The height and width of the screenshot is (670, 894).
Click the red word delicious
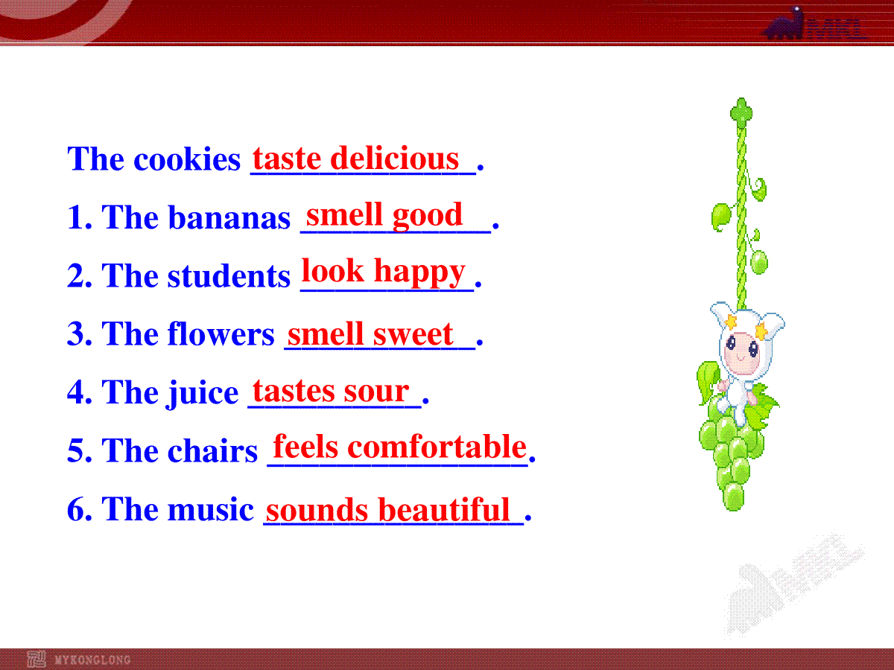(394, 158)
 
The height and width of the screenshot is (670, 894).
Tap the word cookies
(187, 159)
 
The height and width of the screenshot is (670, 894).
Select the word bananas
(229, 218)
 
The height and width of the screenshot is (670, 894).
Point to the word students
(229, 275)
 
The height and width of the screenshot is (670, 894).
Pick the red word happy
(419, 272)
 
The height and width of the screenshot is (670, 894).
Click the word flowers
(221, 334)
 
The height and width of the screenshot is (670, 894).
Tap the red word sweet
(413, 334)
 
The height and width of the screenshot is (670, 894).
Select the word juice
(203, 393)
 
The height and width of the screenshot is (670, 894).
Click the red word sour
(376, 392)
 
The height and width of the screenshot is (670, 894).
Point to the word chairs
(212, 450)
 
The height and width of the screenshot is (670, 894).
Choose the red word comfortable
(437, 446)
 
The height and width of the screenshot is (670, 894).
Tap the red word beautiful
(444, 509)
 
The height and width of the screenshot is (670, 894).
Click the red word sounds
(317, 510)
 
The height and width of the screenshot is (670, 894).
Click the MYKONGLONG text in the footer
(92, 660)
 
